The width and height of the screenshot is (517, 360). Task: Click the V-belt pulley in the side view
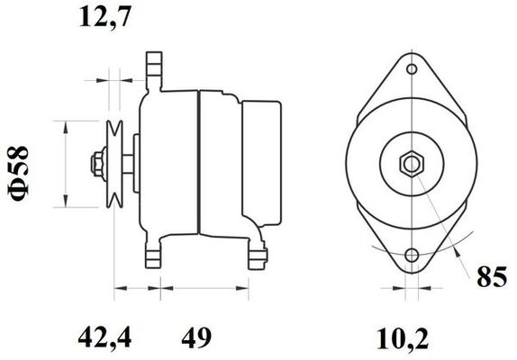tap(115, 162)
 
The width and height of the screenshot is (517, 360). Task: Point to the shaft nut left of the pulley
tap(94, 164)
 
